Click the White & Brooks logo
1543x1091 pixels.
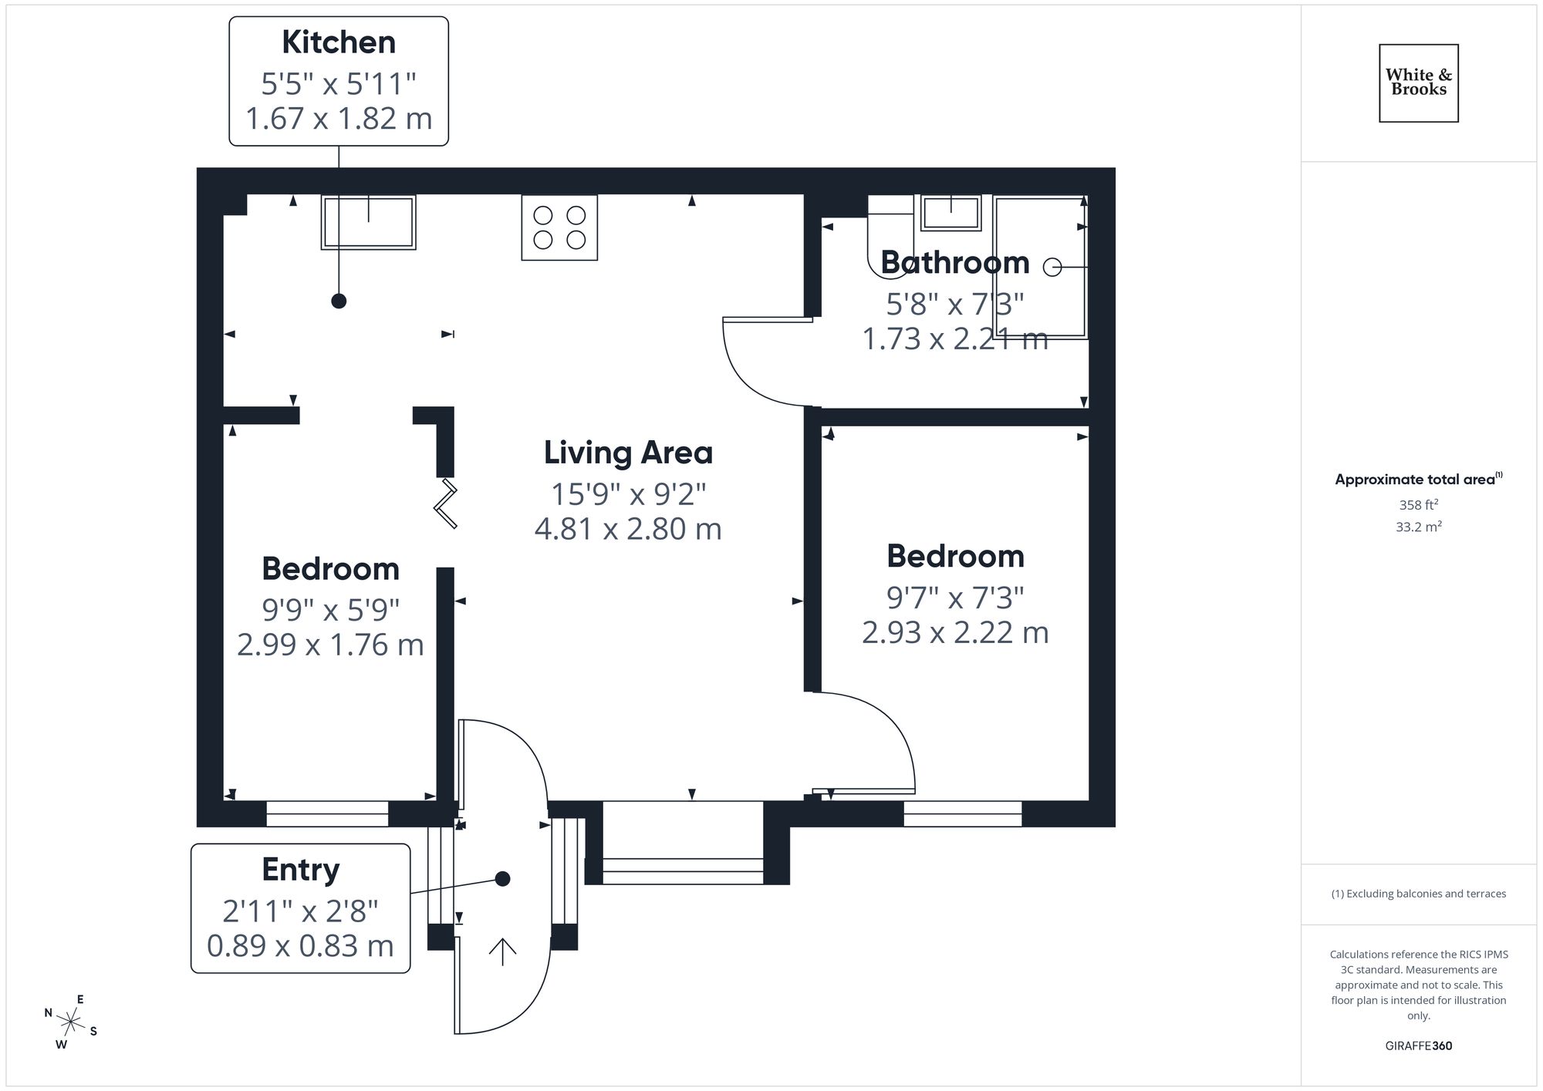(1418, 82)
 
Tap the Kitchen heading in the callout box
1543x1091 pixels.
(339, 42)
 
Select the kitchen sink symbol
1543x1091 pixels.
(369, 222)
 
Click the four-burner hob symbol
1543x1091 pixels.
(559, 227)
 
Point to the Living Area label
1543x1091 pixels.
(628, 453)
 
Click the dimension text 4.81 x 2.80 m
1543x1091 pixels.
(628, 529)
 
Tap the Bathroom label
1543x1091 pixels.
(954, 263)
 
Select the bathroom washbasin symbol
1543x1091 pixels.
(950, 212)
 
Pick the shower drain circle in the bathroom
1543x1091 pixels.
(1052, 267)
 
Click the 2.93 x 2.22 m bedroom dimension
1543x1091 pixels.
(954, 633)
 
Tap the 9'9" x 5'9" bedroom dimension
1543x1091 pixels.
(330, 610)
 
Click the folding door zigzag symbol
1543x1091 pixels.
(446, 504)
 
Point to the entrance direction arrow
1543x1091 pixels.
(502, 951)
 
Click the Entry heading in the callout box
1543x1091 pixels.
(300, 870)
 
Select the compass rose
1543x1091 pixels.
(71, 1022)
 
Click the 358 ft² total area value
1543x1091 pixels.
(1418, 505)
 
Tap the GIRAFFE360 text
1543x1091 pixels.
(1418, 1046)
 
